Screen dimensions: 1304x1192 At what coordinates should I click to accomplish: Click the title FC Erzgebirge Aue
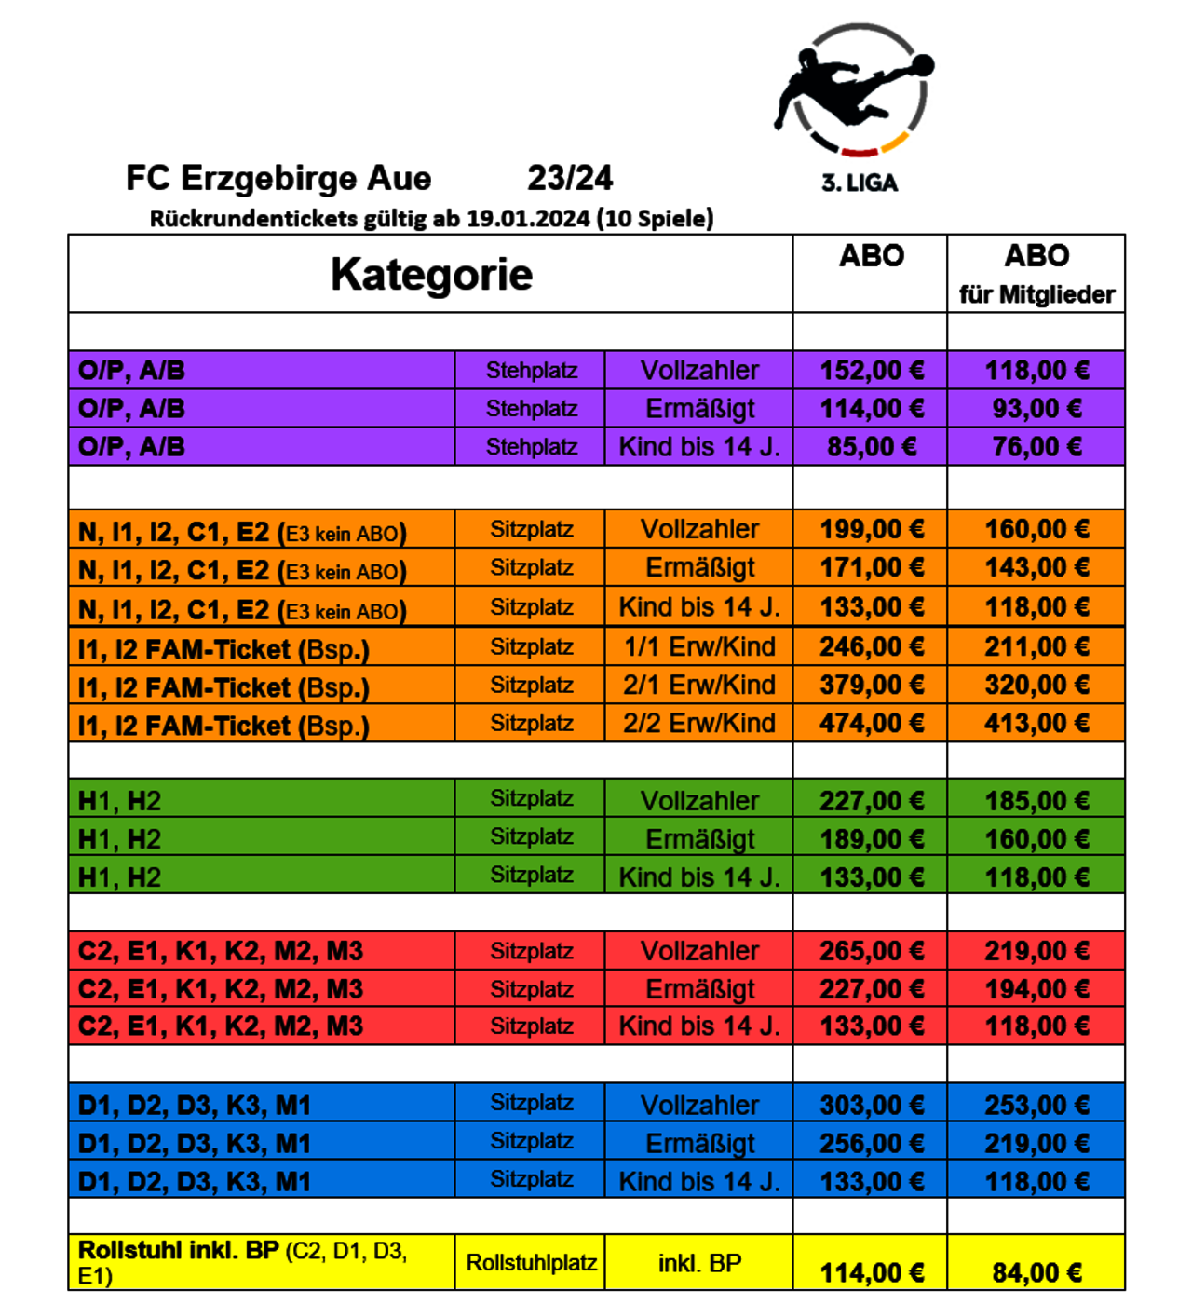[x=278, y=178]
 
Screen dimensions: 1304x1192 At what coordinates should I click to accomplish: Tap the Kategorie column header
[x=431, y=274]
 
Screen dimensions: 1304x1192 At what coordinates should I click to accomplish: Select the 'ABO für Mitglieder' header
[x=1036, y=273]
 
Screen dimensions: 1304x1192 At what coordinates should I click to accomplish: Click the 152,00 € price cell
[x=871, y=371]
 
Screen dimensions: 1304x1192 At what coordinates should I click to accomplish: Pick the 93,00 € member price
[x=1036, y=409]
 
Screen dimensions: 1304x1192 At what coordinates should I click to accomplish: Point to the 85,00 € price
[x=871, y=447]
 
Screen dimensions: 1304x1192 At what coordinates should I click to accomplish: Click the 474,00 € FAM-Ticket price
[x=871, y=724]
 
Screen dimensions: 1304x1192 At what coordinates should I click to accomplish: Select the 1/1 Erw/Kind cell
[x=699, y=646]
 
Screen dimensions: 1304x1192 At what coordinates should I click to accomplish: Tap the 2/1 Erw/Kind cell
[x=699, y=686]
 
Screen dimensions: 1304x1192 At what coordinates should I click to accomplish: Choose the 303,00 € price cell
[x=871, y=1106]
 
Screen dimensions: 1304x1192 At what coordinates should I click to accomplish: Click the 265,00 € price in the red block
[x=871, y=951]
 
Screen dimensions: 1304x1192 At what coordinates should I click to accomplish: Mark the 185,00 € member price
[x=1036, y=801]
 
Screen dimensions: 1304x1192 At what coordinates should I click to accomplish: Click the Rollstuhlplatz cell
[x=531, y=1263]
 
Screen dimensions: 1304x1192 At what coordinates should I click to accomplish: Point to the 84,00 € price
[x=1036, y=1272]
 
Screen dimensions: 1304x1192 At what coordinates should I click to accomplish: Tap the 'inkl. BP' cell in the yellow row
[x=699, y=1263]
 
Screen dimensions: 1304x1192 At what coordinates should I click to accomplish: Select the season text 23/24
[x=570, y=178]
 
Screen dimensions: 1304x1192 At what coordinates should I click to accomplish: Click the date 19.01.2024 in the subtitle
[x=528, y=219]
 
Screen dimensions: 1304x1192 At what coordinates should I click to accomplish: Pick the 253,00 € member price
[x=1036, y=1106]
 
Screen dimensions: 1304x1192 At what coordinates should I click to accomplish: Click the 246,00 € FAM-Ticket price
[x=871, y=646]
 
